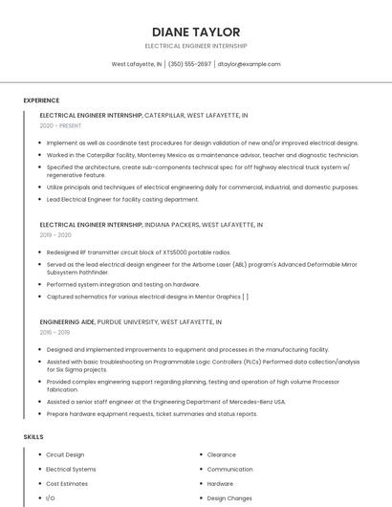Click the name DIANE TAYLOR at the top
[195, 32]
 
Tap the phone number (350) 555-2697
[189, 64]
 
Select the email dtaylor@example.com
[249, 64]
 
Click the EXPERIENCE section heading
[41, 100]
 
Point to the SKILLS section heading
[33, 436]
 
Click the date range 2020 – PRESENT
[60, 125]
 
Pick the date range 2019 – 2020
[55, 235]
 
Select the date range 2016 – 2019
[55, 333]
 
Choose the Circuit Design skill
[65, 455]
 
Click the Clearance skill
[221, 455]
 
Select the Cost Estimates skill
[67, 484]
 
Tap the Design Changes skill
[229, 498]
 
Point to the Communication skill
[229, 470]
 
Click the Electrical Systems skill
[71, 470]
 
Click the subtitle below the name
[195, 45]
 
